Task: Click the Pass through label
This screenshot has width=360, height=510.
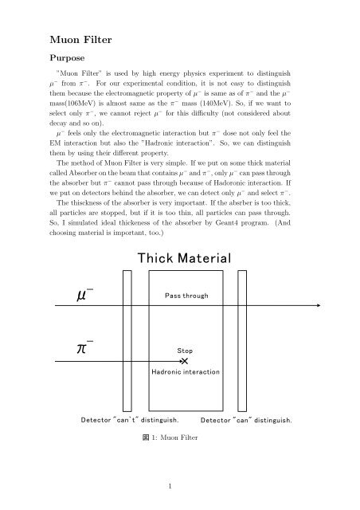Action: (x=186, y=296)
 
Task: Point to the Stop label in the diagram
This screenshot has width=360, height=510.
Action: (x=184, y=351)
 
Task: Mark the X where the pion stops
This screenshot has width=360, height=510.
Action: (x=184, y=362)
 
